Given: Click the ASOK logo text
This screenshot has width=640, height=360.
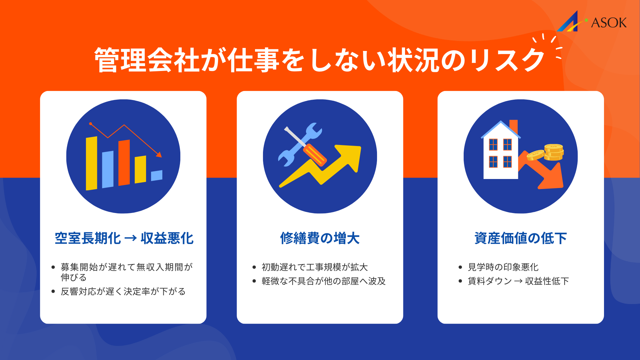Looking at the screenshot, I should tap(609, 23).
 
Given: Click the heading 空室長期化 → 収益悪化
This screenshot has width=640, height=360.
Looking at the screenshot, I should tap(124, 238).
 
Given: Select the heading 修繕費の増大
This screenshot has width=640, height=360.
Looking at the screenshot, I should tap(320, 238).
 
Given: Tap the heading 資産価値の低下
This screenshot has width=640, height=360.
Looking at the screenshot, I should tap(520, 238).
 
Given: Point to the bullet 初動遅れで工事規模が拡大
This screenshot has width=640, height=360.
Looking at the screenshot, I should tap(314, 267).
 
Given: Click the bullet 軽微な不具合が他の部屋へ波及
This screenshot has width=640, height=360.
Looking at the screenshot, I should tap(323, 281).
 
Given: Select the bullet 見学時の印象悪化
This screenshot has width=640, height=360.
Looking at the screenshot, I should tap(503, 267).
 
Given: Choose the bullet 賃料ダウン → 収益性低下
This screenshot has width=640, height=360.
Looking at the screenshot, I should tap(518, 281).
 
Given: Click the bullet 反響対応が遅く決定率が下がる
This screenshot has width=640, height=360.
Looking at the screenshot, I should tap(123, 291).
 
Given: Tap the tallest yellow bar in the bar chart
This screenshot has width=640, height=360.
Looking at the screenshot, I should tap(91, 163).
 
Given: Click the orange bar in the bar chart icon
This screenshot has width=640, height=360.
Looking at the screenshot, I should tap(124, 163).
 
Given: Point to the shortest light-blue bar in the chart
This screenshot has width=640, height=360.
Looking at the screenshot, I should tap(157, 175).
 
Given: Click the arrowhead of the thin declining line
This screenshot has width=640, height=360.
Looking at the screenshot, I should tap(159, 155).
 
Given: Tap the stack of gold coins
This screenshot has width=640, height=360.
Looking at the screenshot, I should tap(554, 152).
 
